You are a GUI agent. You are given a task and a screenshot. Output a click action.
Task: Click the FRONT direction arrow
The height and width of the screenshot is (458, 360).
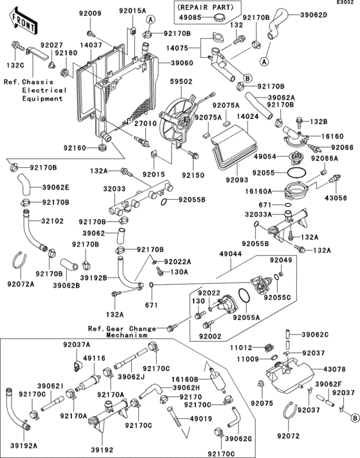click(x=22, y=21)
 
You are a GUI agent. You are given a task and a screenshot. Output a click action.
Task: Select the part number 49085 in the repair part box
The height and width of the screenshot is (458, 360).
click(x=190, y=17)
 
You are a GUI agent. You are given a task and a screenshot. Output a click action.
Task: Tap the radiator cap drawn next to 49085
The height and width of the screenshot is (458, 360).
click(x=219, y=17)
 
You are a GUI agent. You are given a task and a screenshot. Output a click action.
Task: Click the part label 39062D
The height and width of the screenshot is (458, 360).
click(x=314, y=14)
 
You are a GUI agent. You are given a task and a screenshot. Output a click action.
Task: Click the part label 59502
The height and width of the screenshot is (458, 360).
click(x=181, y=82)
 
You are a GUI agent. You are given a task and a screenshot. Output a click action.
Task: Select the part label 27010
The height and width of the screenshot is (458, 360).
click(x=145, y=123)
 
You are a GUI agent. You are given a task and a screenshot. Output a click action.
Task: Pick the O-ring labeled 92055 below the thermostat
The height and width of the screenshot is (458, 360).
click(x=297, y=173)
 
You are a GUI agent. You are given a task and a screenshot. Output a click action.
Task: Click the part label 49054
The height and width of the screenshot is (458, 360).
click(x=265, y=157)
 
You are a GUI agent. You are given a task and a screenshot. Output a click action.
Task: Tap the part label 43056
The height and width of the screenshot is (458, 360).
click(x=336, y=198)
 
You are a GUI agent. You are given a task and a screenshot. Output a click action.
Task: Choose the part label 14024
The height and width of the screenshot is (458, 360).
click(x=248, y=116)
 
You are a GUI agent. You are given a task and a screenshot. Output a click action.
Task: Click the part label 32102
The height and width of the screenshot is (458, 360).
click(x=52, y=221)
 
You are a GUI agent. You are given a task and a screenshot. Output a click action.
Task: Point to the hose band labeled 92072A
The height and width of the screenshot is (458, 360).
click(x=19, y=260)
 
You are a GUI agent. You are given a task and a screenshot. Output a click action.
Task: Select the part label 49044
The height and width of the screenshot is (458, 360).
click(x=231, y=254)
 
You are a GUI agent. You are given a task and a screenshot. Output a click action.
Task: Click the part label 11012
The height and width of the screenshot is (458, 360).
click(x=241, y=348)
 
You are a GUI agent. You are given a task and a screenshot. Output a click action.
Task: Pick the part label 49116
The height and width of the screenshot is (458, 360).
click(x=94, y=358)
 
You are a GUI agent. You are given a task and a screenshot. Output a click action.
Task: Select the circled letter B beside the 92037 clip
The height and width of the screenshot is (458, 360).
click(x=355, y=418)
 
